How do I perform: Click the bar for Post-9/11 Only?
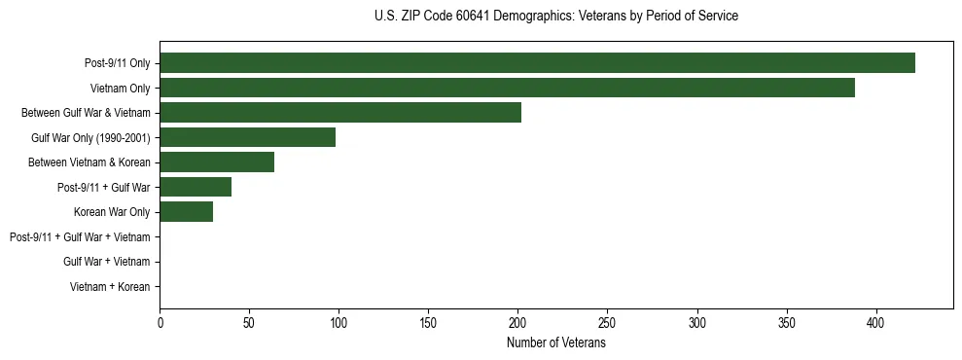click(x=537, y=63)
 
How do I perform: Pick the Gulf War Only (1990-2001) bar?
click(x=247, y=137)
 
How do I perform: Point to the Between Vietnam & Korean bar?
click(x=217, y=162)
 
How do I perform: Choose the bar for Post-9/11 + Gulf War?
click(x=196, y=187)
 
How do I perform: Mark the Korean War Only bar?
click(x=186, y=212)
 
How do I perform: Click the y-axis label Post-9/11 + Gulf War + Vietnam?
click(x=80, y=237)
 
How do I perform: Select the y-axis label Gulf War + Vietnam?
click(x=106, y=262)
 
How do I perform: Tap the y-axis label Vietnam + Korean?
click(x=110, y=287)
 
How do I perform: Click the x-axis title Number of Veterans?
click(x=556, y=342)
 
